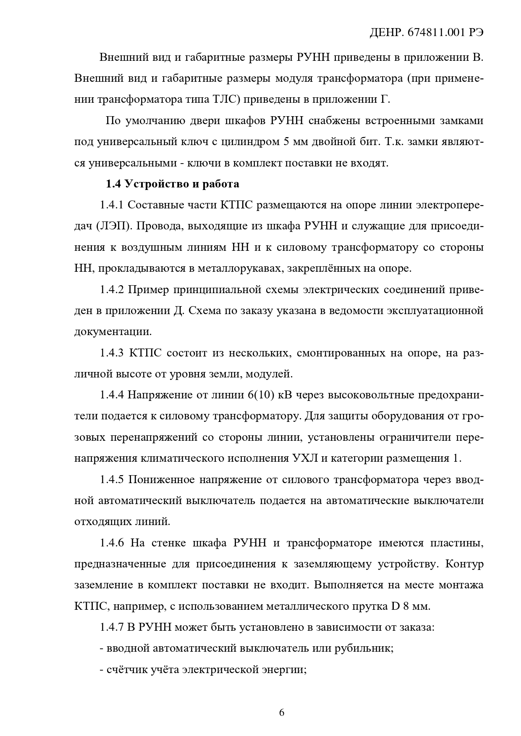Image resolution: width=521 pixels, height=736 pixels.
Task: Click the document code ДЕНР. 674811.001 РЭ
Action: pyautogui.click(x=426, y=34)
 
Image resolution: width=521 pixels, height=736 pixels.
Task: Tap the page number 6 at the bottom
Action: pyautogui.click(x=282, y=713)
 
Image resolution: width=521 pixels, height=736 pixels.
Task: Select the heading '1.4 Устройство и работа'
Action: pyautogui.click(x=172, y=184)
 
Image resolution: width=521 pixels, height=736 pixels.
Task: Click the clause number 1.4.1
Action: pyautogui.click(x=111, y=205)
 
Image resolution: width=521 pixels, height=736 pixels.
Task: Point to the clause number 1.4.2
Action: pyautogui.click(x=111, y=290)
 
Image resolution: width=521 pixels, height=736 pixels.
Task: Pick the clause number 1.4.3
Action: pyautogui.click(x=111, y=353)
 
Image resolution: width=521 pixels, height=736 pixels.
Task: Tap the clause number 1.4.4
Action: pyautogui.click(x=111, y=395)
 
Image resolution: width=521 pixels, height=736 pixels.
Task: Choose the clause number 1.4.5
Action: pyautogui.click(x=111, y=480)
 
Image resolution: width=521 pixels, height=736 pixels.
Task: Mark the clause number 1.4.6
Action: pyautogui.click(x=111, y=543)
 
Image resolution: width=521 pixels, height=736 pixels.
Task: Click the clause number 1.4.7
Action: pyautogui.click(x=111, y=628)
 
